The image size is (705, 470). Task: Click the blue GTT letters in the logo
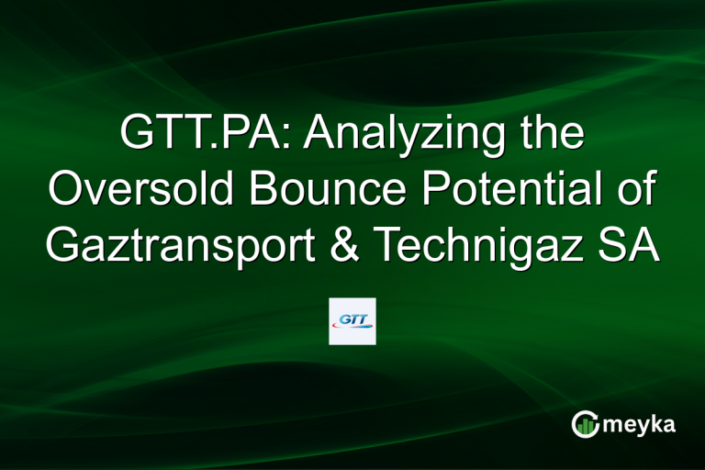coord(352,318)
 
